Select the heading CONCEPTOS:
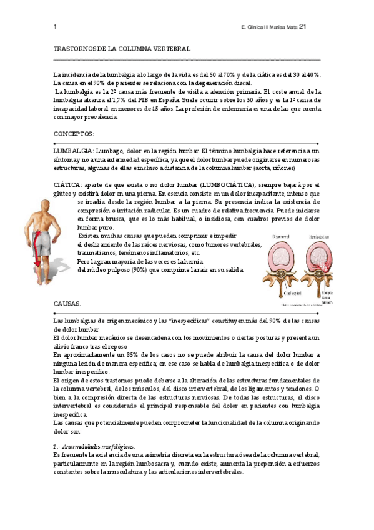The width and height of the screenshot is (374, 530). [x=74, y=134]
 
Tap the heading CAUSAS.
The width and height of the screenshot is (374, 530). [x=67, y=303]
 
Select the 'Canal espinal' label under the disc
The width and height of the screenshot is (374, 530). [x=276, y=292]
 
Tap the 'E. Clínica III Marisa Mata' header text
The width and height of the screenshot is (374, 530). [x=268, y=27]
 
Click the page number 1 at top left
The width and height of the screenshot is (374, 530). [x=56, y=27]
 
